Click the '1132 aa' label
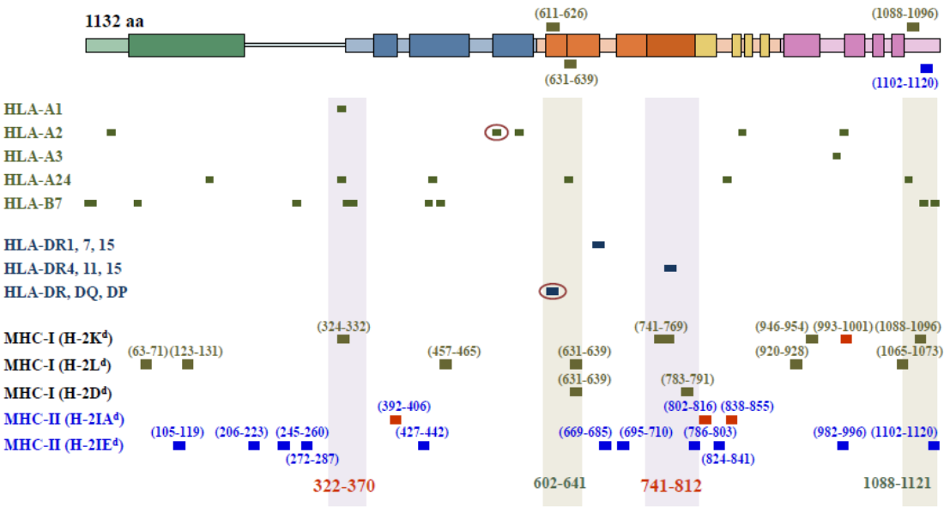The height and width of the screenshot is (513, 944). [114, 21]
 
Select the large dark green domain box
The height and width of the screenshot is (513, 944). [186, 45]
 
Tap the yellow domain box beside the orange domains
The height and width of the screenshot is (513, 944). [705, 45]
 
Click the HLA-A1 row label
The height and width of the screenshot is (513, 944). [33, 110]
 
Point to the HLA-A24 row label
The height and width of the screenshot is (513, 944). [37, 180]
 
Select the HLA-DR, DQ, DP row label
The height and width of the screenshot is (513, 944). [65, 293]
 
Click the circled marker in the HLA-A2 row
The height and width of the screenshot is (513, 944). [496, 132]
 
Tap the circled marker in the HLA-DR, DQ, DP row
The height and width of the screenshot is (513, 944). [552, 292]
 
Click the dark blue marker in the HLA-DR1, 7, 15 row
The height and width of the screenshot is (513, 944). [598, 244]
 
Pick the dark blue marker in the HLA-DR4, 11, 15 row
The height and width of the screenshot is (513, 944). [670, 269]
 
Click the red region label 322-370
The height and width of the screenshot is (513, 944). [344, 486]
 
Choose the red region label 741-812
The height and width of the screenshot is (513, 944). [671, 486]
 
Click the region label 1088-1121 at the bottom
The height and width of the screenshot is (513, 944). [922, 483]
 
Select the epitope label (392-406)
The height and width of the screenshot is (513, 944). [404, 406]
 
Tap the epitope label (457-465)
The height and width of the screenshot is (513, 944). [454, 352]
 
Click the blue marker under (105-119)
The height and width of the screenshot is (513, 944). [179, 445]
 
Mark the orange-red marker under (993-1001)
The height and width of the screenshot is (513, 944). [846, 339]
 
